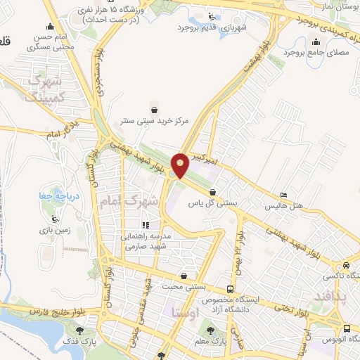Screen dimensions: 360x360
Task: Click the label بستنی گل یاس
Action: [217, 202]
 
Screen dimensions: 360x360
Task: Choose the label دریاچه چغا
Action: [51, 195]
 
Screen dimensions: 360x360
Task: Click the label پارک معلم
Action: [211, 342]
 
